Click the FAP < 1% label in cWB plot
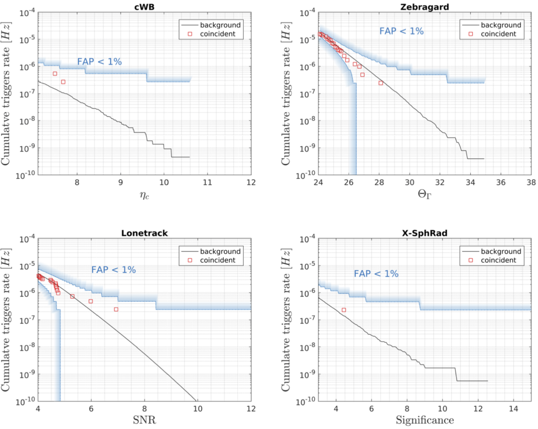point(99,62)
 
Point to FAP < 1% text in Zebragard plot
point(401,31)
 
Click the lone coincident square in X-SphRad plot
point(344,310)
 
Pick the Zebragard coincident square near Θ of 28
point(380,83)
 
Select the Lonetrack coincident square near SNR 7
point(116,309)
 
